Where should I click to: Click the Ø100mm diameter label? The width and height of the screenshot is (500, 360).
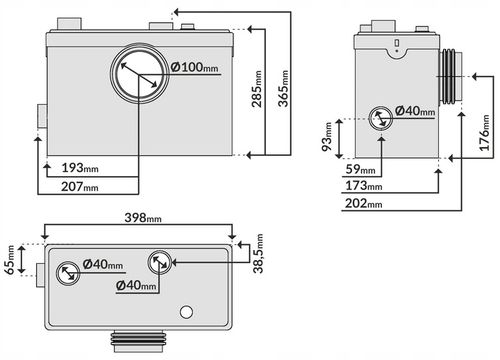[x=195, y=67]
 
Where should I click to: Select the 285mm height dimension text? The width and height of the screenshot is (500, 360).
[x=257, y=89]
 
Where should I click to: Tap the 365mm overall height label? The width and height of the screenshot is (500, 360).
[x=283, y=88]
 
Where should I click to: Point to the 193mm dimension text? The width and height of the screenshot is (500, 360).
[x=80, y=168]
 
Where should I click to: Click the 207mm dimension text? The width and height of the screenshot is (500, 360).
[x=80, y=186]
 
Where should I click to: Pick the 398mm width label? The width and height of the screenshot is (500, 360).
[x=143, y=218]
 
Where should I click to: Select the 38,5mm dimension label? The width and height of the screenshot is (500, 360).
[x=258, y=254]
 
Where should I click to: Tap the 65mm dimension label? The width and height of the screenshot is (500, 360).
[x=10, y=260]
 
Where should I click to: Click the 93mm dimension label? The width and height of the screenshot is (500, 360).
[x=327, y=137]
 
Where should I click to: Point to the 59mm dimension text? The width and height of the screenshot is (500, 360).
[x=360, y=169]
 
